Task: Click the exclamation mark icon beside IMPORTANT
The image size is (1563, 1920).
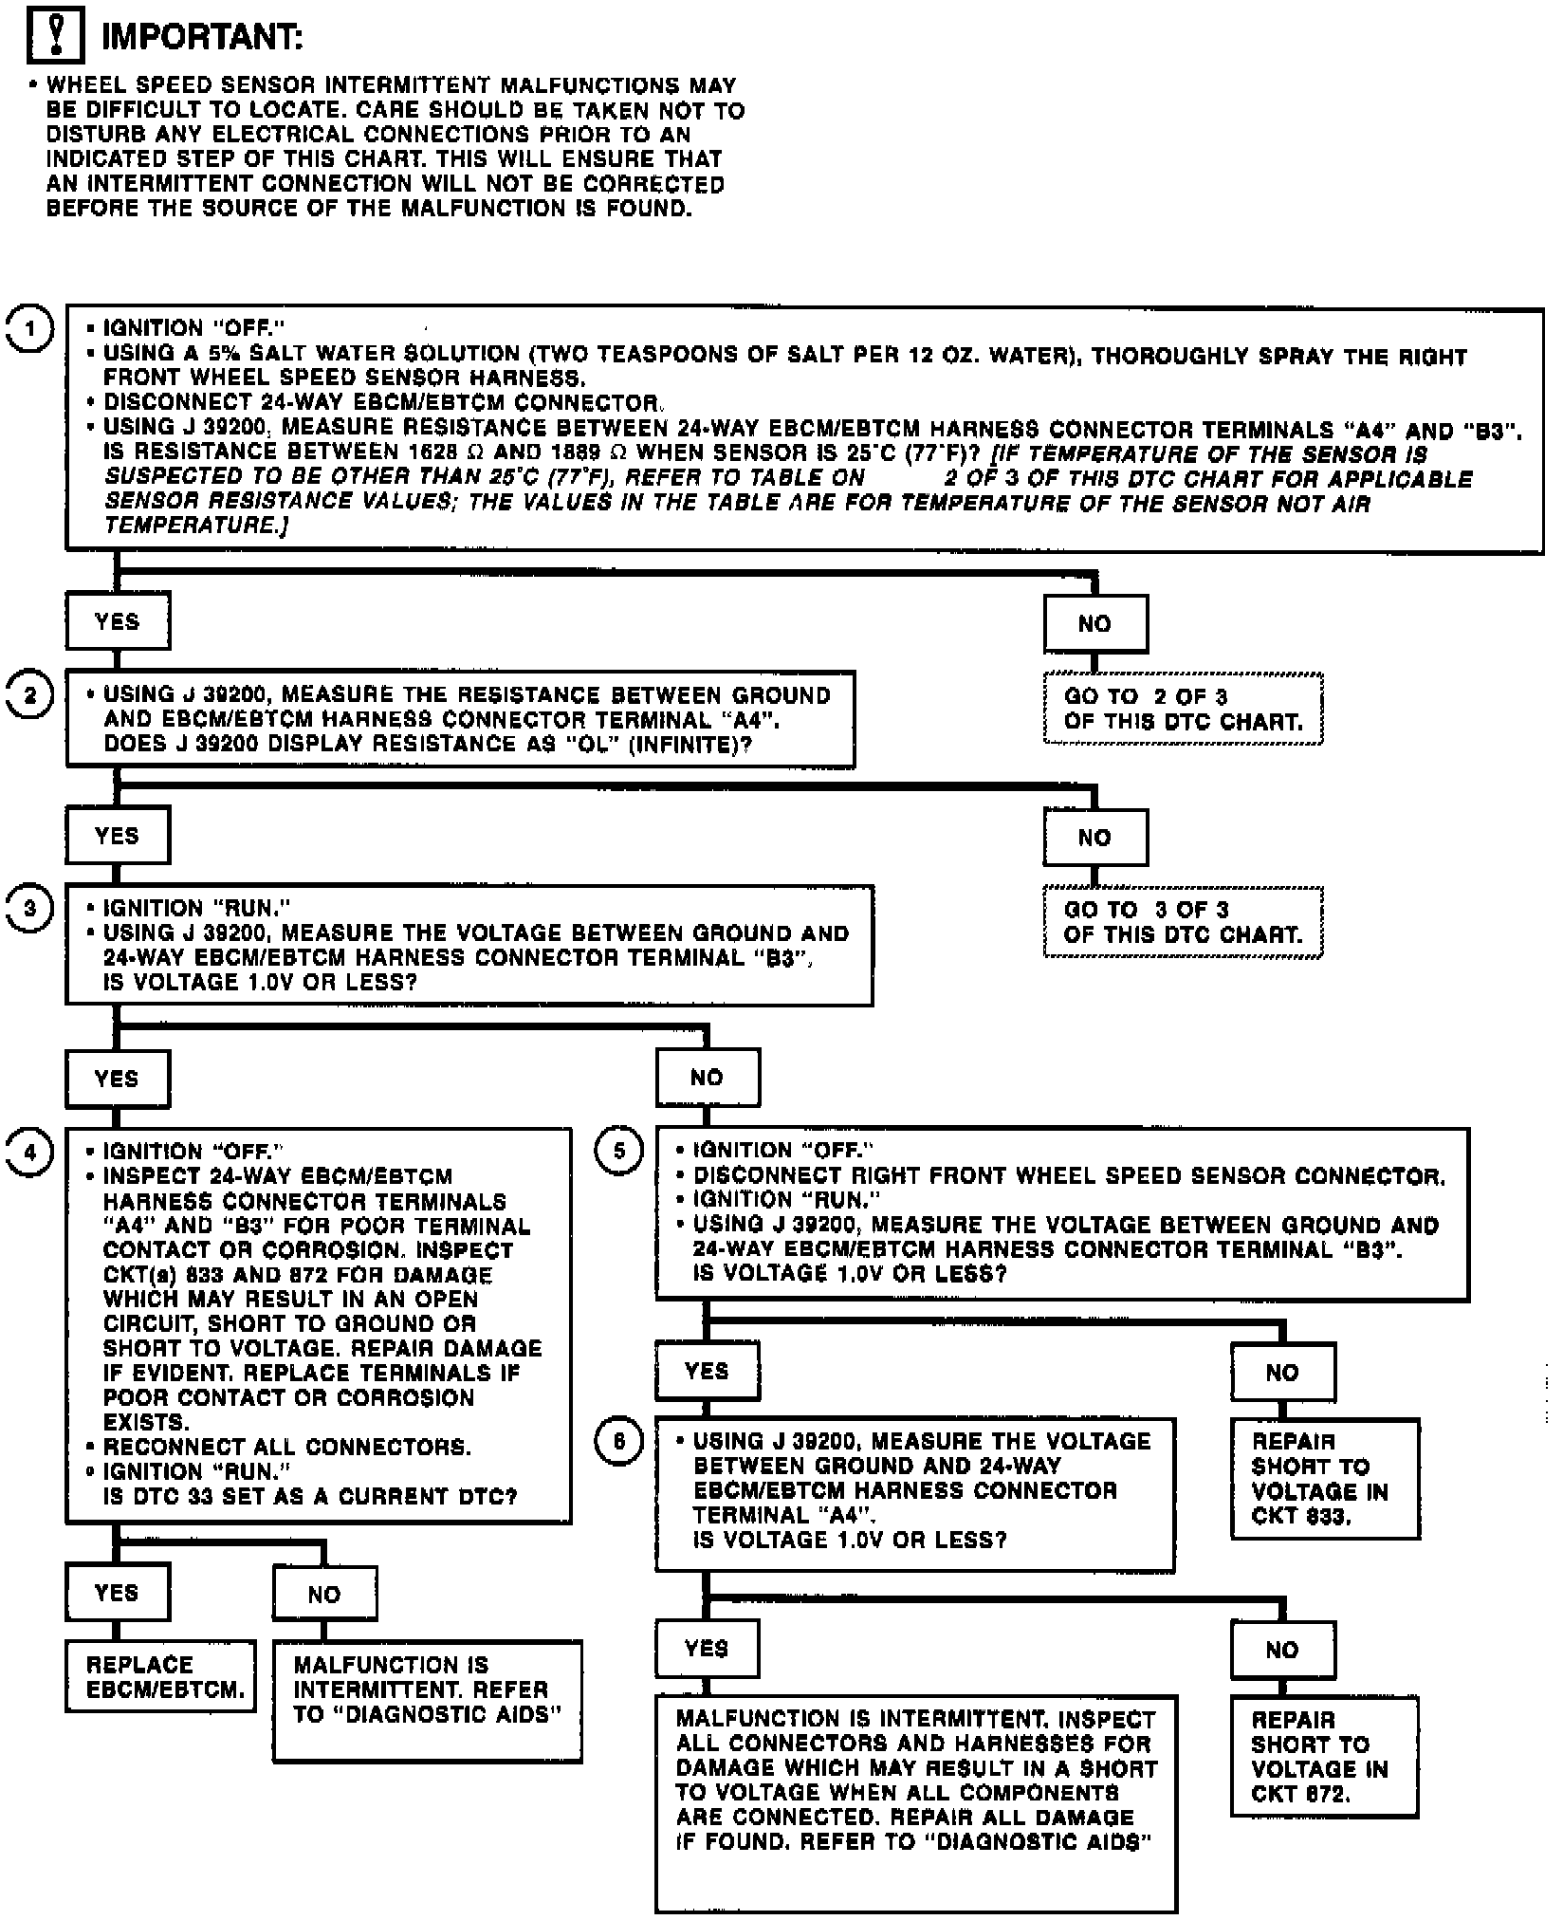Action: pos(56,36)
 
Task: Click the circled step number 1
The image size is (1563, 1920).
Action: pos(30,328)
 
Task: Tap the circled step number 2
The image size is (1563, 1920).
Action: pos(30,695)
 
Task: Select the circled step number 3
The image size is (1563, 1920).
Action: pos(30,909)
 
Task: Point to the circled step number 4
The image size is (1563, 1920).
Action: pos(30,1152)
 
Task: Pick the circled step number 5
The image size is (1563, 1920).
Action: pos(619,1151)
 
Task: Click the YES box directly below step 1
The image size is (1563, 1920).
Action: pos(118,621)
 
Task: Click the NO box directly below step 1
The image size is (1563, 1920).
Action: pos(1095,624)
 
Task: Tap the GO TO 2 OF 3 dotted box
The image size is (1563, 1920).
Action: pos(1183,709)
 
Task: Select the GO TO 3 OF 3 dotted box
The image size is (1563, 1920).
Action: pos(1183,922)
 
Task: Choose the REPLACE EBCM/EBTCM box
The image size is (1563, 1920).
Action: pos(160,1676)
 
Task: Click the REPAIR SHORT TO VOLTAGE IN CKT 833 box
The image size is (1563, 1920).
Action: pos(1325,1478)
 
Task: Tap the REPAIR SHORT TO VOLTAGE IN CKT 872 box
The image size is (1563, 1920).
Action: pos(1324,1756)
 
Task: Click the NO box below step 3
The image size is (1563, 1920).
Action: pos(708,1078)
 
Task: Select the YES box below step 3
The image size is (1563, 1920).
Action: pos(118,1079)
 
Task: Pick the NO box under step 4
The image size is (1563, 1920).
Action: pos(324,1594)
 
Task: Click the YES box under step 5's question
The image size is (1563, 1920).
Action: pos(708,1371)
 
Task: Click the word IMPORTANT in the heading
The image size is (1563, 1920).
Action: pos(202,37)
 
